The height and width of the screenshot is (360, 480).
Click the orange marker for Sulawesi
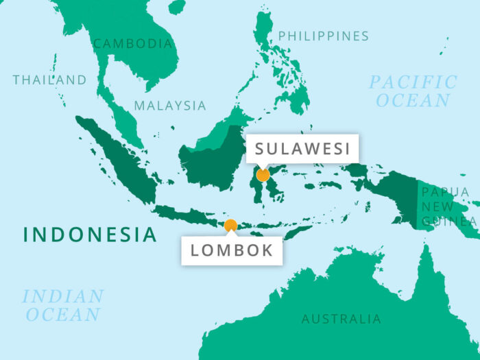(x=263, y=175)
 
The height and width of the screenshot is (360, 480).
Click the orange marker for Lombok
(x=230, y=225)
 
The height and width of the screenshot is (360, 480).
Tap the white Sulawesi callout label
(x=302, y=148)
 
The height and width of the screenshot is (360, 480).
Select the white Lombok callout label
(x=232, y=250)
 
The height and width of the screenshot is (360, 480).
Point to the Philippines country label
(x=323, y=36)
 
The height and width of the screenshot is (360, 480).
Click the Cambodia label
(x=133, y=43)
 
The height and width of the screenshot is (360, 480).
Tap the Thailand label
(x=50, y=80)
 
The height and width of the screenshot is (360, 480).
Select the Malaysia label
(x=169, y=106)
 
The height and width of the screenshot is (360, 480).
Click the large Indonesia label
(x=90, y=235)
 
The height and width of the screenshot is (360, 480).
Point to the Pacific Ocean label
(x=413, y=91)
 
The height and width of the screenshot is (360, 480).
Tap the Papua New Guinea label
(x=448, y=206)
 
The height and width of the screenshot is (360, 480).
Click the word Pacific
(x=413, y=82)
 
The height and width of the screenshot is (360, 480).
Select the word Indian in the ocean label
(x=63, y=297)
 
